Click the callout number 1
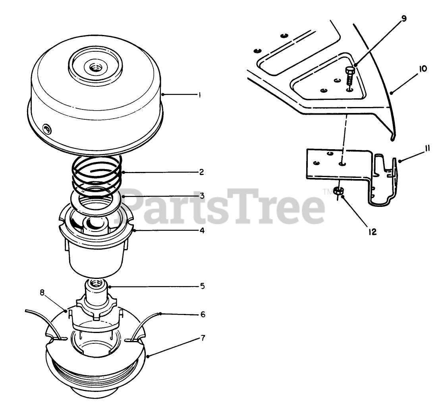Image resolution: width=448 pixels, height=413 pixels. [x=199, y=95]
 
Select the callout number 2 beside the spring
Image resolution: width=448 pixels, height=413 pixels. [x=201, y=172]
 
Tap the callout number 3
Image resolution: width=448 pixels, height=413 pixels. [x=202, y=196]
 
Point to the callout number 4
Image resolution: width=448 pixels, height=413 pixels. [x=202, y=230]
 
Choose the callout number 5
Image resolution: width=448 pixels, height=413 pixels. [x=202, y=286]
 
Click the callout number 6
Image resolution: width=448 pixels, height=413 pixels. [x=203, y=315]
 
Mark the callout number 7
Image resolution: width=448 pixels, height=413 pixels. [x=203, y=338]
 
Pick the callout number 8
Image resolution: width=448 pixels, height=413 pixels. [x=42, y=293]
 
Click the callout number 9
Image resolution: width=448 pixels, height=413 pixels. [x=404, y=19]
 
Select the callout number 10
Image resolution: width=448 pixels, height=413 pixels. [x=423, y=69]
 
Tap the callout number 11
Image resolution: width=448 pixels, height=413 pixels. [x=427, y=148]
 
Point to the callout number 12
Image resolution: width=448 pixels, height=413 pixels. [x=372, y=232]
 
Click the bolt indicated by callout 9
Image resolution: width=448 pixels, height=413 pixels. [x=350, y=76]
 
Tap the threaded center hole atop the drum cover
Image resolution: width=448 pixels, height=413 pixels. [x=94, y=68]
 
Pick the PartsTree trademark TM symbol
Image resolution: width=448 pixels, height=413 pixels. [x=326, y=191]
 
